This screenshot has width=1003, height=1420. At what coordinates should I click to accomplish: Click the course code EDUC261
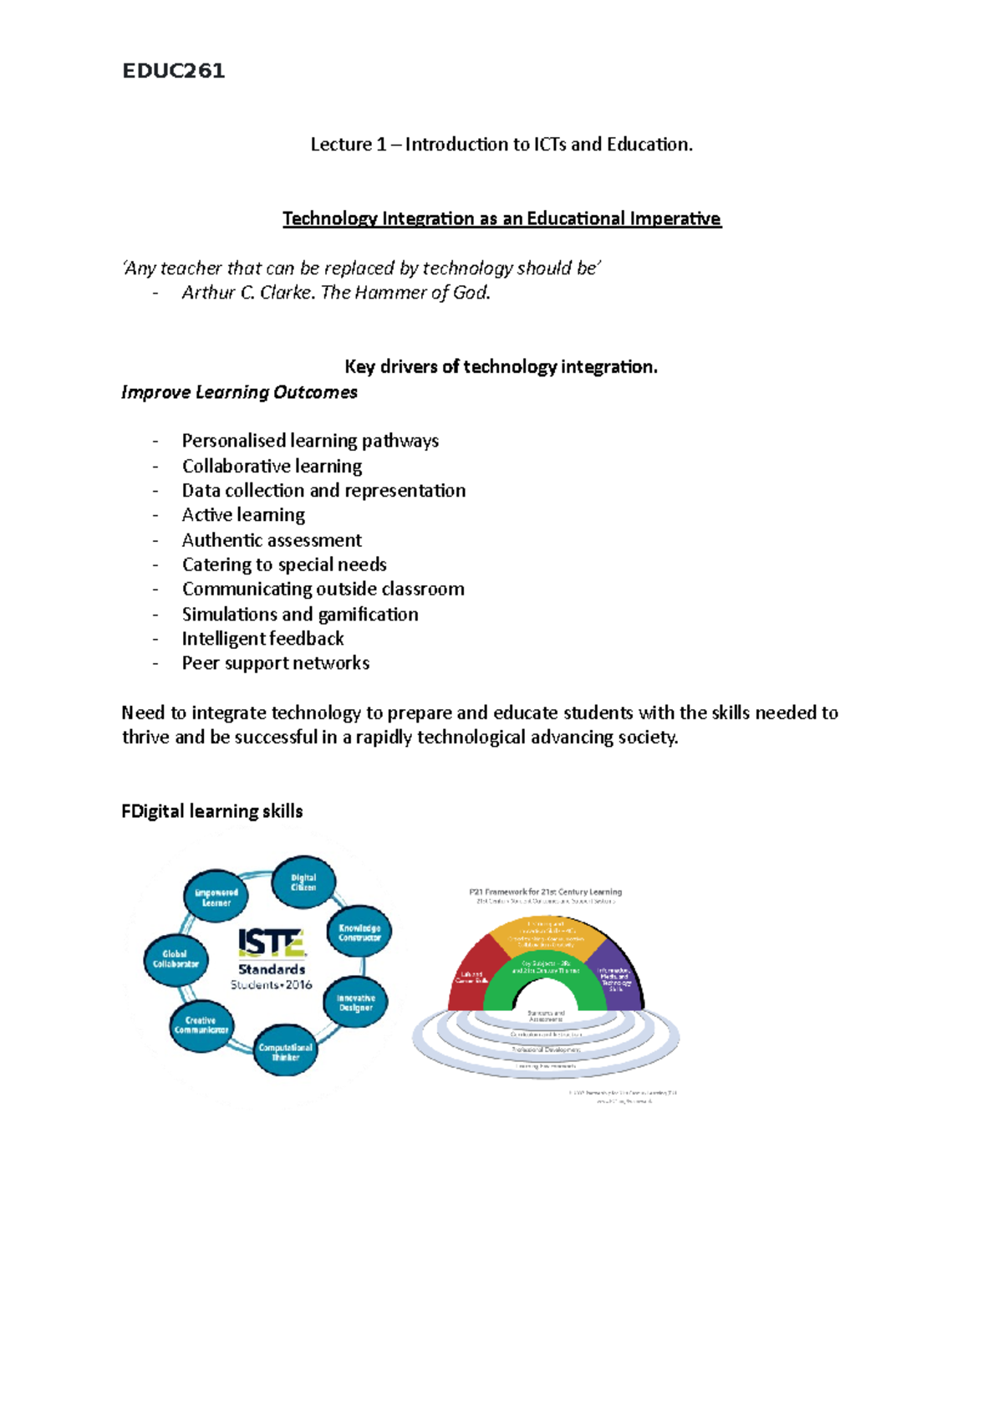click(x=174, y=71)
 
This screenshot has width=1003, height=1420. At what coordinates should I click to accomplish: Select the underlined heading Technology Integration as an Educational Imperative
click(x=501, y=219)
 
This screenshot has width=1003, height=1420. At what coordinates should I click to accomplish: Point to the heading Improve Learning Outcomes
click(x=239, y=392)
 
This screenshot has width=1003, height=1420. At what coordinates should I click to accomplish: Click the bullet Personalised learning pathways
click(x=310, y=441)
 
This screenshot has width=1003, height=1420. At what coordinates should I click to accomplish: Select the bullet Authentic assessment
click(x=272, y=540)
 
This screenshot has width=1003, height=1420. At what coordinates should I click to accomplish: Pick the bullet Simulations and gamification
click(x=300, y=615)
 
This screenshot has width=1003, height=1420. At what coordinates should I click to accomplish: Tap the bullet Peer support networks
click(x=276, y=663)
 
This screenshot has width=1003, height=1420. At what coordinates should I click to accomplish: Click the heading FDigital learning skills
click(x=212, y=811)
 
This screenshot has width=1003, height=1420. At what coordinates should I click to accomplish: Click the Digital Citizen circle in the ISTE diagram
click(x=303, y=883)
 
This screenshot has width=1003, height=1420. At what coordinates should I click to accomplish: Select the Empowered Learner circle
click(x=216, y=897)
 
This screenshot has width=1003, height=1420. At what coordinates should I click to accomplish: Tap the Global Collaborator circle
click(x=176, y=959)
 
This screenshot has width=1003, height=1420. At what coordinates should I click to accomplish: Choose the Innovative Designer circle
click(x=356, y=1003)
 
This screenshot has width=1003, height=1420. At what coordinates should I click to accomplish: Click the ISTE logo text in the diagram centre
click(x=272, y=943)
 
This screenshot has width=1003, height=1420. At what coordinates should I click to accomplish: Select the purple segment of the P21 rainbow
click(x=617, y=974)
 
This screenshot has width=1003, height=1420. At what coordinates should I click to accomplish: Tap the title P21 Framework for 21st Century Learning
click(x=545, y=892)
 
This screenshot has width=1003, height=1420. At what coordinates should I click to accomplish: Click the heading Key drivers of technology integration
click(x=501, y=367)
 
